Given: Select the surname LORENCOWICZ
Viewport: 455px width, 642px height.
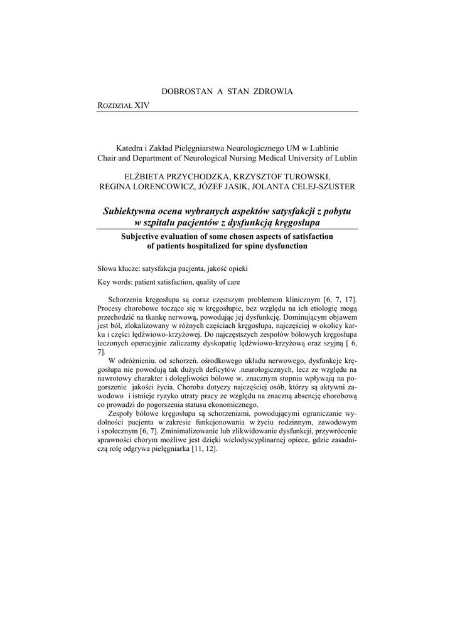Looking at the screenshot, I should pyautogui.click(x=160, y=186).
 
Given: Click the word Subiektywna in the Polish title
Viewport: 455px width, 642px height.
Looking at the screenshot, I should pyautogui.click(x=133, y=212).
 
